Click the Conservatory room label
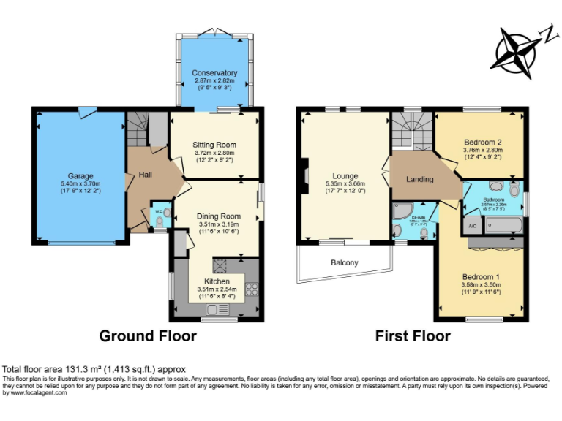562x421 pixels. [x=214, y=73]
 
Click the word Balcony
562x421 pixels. [x=345, y=262]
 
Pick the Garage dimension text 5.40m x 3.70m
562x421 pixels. [x=80, y=184]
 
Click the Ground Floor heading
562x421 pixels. [x=148, y=336]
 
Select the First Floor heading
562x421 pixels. [x=413, y=336]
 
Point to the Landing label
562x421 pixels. [x=420, y=179]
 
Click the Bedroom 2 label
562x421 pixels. [x=482, y=142]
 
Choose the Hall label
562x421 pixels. [x=146, y=175]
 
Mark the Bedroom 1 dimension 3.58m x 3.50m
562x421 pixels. [x=481, y=285]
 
